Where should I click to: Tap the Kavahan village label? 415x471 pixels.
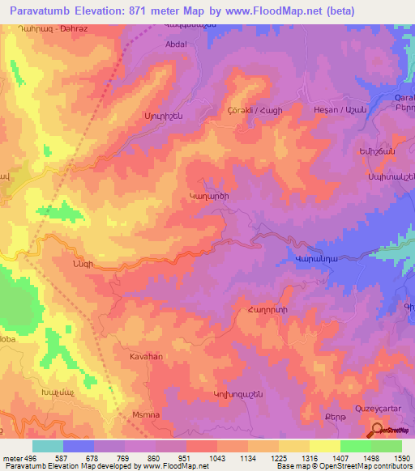coord(147,356)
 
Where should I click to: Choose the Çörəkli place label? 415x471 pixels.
coord(241,109)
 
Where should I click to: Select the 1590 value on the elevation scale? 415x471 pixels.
coord(402,458)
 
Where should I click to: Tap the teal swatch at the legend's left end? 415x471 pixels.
coord(48,446)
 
